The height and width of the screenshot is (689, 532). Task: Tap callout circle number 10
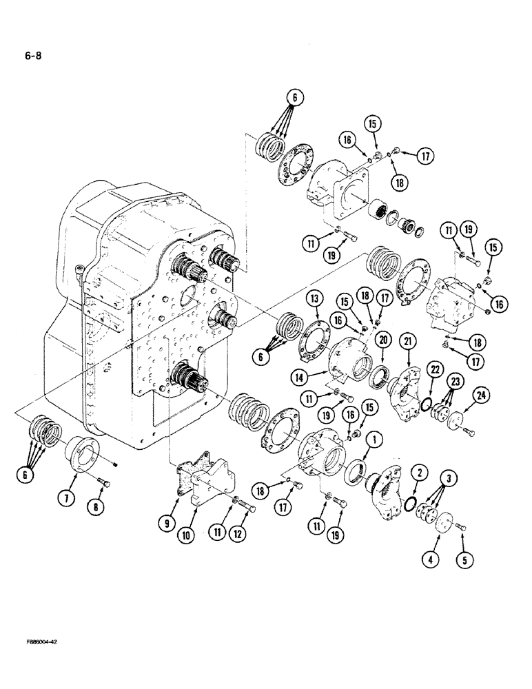(194, 519)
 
